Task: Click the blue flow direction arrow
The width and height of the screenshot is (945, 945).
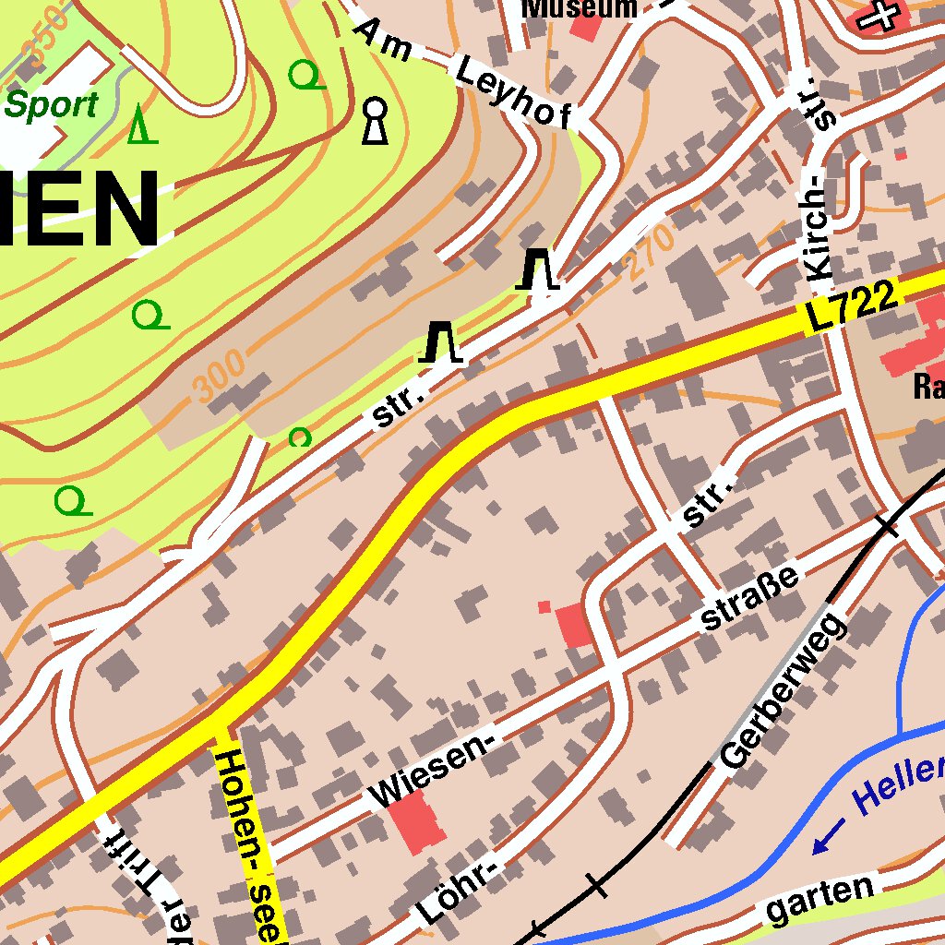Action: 828,836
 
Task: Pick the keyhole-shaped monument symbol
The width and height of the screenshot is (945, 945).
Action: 374,121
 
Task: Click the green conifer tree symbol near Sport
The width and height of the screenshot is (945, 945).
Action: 141,125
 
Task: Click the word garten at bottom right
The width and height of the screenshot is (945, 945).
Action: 820,899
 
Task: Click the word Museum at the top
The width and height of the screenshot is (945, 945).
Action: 580,8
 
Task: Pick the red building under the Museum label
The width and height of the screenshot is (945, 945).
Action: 584,26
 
